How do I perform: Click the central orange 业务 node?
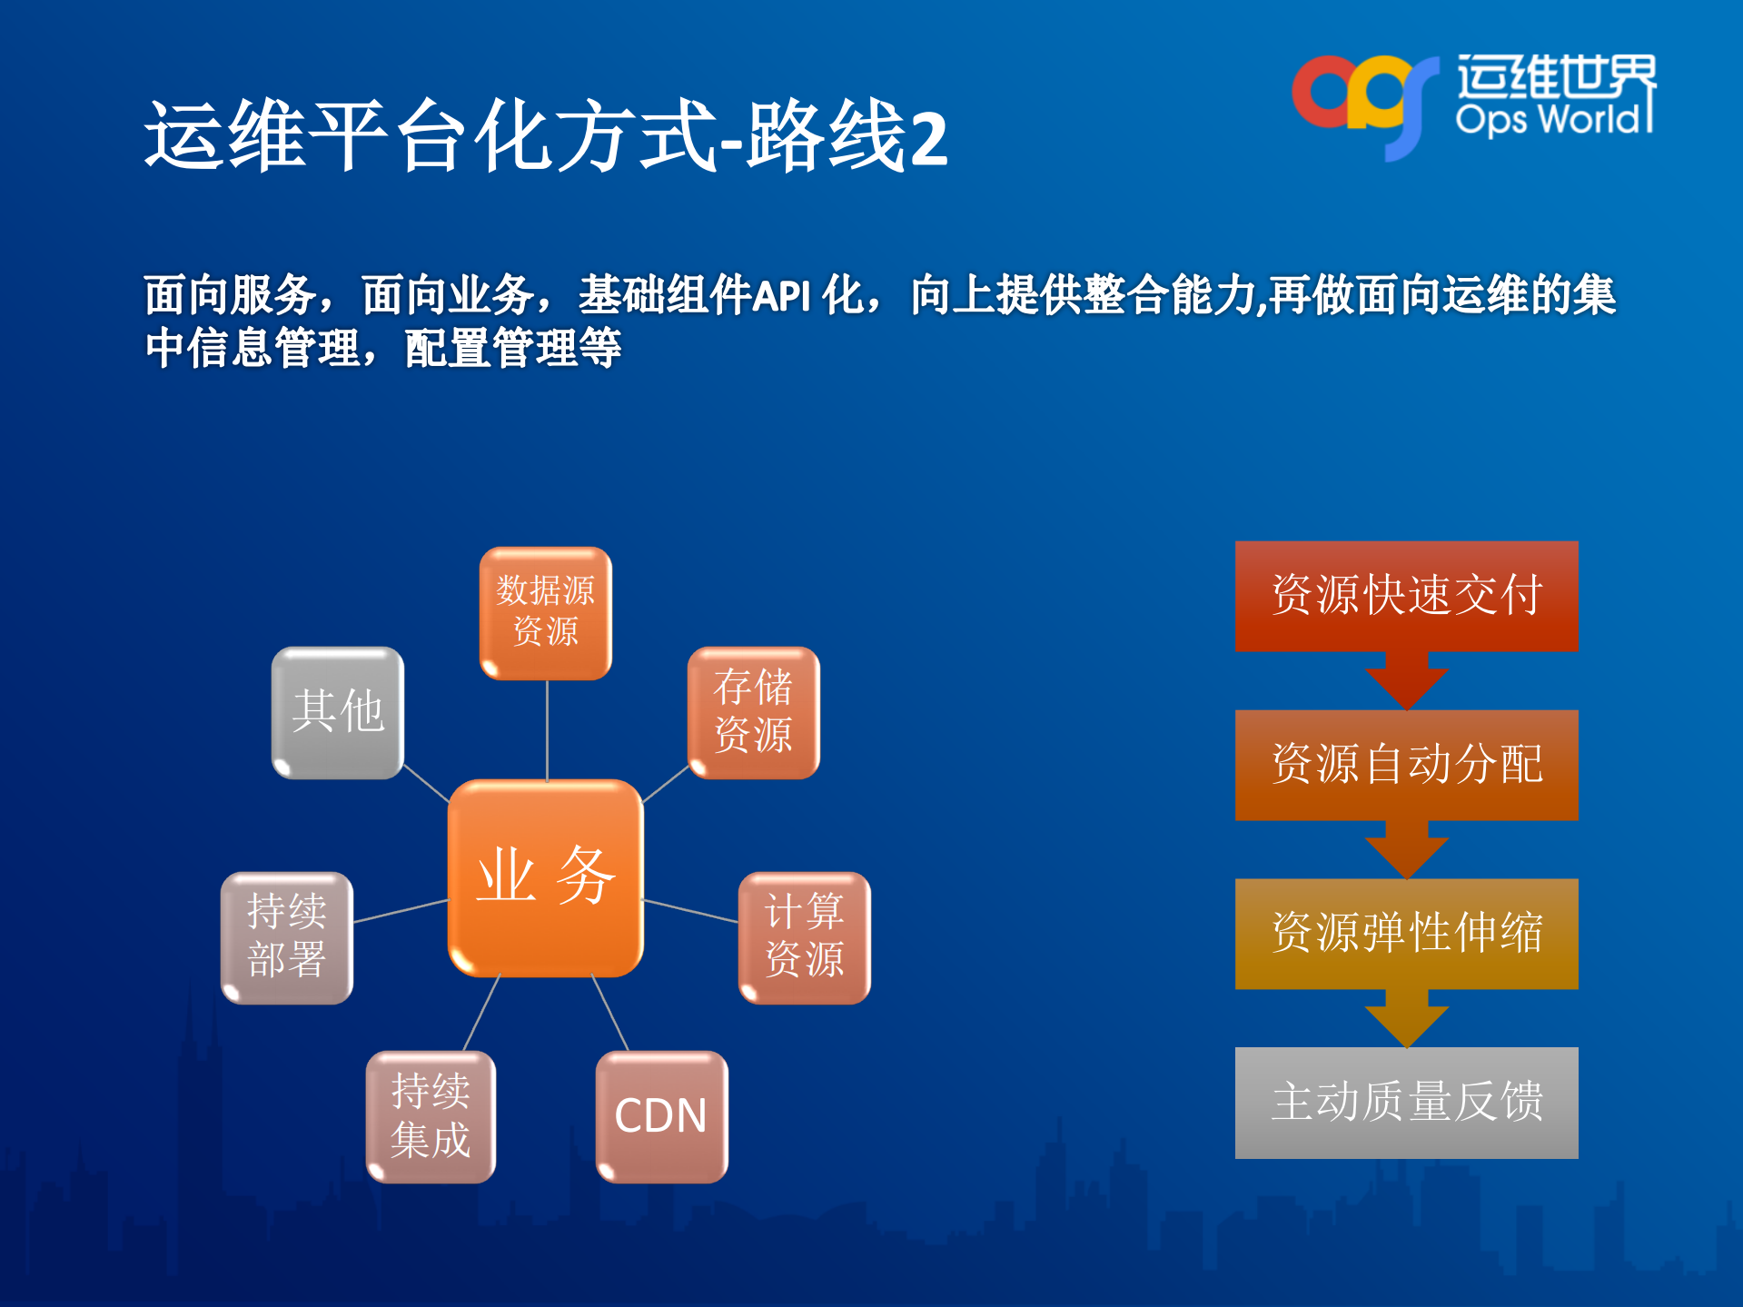coord(545,877)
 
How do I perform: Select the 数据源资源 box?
coord(545,612)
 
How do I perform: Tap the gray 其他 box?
coord(337,712)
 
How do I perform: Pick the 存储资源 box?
coord(753,712)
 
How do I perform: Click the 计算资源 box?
coord(804,937)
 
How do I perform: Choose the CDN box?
coord(661,1116)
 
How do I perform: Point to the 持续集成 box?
coord(431,1116)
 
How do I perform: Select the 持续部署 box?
coord(287,937)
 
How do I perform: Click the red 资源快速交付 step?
coord(1406,596)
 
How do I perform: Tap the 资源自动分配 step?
coord(1406,765)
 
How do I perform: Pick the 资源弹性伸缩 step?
coord(1406,934)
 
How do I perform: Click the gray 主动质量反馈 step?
coord(1406,1103)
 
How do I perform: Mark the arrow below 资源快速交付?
coord(1406,681)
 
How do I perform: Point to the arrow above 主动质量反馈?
coord(1406,1019)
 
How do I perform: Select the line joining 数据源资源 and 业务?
coord(547,729)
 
